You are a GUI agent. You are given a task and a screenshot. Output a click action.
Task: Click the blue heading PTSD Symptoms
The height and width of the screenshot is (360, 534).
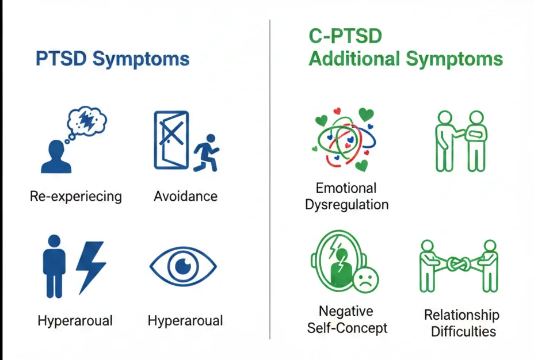[112, 59]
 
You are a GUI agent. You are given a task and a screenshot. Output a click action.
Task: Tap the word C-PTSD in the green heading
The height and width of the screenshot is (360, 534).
[345, 37]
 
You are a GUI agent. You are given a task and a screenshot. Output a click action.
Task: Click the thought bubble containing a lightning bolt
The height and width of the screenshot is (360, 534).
[87, 120]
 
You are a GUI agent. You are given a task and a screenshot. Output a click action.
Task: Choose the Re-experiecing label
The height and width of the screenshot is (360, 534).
[76, 197]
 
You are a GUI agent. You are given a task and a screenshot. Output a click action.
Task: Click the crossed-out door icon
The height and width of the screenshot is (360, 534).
[171, 140]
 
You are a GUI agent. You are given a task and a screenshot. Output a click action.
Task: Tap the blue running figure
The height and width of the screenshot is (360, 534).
[206, 152]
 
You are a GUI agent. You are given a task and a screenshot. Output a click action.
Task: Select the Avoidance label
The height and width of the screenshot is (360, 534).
[185, 197]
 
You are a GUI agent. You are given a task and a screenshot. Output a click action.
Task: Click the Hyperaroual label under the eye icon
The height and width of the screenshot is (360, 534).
[185, 321]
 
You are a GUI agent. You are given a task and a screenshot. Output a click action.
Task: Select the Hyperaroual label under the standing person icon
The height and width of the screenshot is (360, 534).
[75, 321]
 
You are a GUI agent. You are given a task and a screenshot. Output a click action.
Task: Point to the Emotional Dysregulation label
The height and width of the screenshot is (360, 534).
[346, 196]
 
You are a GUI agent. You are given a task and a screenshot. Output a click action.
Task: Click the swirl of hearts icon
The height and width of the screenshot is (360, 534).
[344, 140]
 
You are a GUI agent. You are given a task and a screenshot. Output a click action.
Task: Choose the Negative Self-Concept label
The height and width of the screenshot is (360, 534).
[345, 320]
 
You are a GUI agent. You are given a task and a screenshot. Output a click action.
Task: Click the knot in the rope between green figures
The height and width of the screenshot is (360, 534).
[459, 266]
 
